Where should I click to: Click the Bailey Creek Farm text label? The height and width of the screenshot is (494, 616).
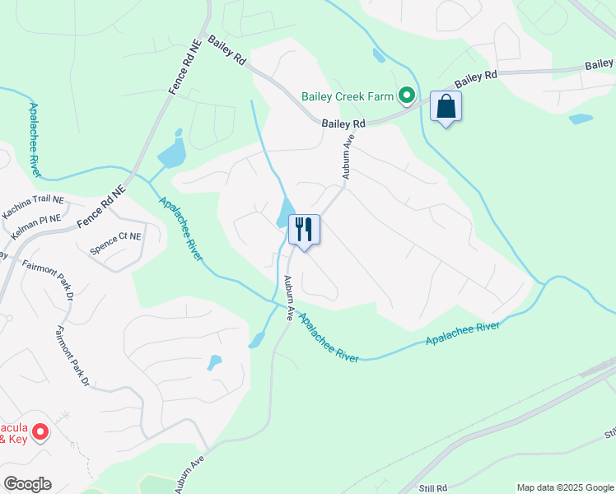tap(348, 97)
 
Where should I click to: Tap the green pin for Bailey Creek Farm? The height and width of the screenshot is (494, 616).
tap(406, 97)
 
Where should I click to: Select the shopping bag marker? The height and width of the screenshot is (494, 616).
tap(446, 107)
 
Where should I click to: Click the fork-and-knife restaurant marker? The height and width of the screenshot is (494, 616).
tap(304, 230)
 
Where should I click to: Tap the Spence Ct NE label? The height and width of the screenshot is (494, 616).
tap(115, 245)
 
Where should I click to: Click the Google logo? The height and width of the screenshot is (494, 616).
tap(27, 484)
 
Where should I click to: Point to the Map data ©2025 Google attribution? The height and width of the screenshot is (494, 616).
tap(565, 487)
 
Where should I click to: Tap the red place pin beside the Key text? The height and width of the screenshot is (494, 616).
tap(40, 431)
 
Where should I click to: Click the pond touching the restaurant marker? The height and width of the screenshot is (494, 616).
tap(285, 213)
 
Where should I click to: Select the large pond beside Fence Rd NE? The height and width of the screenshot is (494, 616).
tap(172, 152)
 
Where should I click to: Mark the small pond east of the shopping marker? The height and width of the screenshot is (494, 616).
tap(581, 119)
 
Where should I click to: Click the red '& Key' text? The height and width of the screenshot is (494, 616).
tap(13, 440)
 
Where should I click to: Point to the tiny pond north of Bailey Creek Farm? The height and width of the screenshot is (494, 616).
tap(378, 56)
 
